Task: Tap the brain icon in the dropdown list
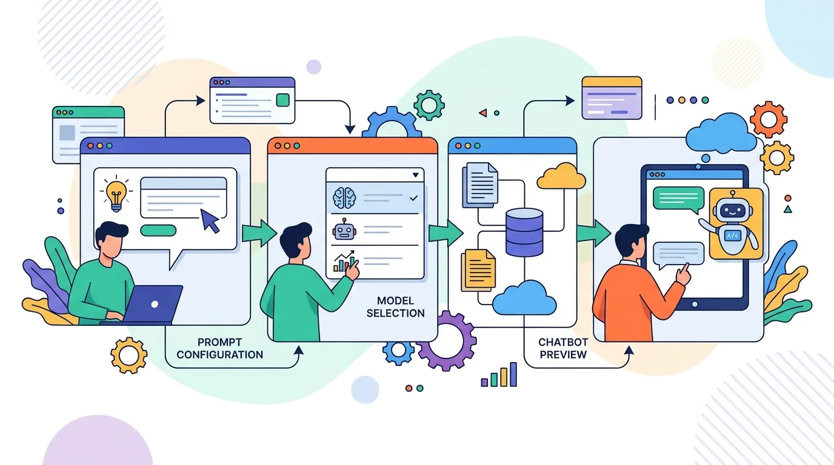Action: [344, 197]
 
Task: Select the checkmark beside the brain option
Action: [413, 198]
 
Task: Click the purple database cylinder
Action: [524, 232]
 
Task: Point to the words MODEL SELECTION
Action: [395, 307]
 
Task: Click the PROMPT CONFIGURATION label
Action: [219, 348]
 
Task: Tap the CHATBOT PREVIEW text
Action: [563, 348]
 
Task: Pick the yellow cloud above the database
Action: [561, 176]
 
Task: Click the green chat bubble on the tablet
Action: [679, 200]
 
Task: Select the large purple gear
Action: [447, 341]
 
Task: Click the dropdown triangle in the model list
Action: [416, 175]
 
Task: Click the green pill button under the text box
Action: [158, 230]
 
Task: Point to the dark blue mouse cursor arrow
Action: [210, 220]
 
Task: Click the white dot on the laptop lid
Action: [155, 305]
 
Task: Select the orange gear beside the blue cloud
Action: [769, 119]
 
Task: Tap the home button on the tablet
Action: [695, 305]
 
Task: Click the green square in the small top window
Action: [283, 100]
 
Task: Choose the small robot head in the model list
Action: [344, 229]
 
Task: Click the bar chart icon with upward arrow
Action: [344, 261]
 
